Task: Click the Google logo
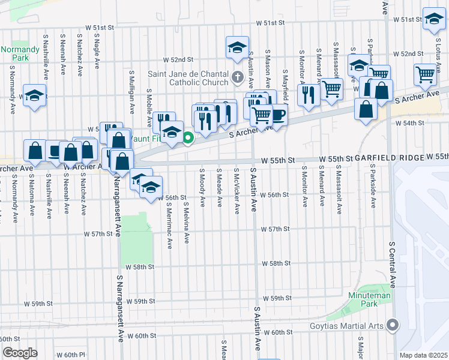[19, 353]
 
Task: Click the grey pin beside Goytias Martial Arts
[393, 325]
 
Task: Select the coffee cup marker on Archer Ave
[277, 114]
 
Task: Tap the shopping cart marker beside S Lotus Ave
[425, 75]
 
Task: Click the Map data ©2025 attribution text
[424, 355]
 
